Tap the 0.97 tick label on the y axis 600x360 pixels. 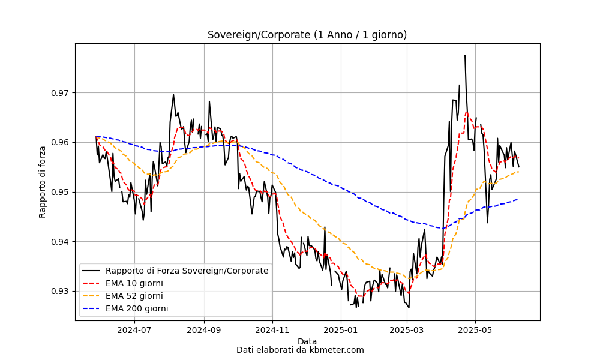[61, 93]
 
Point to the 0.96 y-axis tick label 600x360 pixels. [61, 143]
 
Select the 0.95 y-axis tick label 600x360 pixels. [61, 192]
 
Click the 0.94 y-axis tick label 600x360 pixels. [61, 242]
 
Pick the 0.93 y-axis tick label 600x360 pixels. [61, 292]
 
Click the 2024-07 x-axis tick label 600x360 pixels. [134, 330]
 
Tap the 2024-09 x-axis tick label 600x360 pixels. [204, 330]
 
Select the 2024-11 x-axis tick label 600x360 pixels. [273, 330]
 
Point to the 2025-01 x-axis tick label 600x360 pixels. [341, 330]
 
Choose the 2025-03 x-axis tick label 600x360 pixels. [407, 330]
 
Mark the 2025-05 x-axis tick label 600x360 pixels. [476, 330]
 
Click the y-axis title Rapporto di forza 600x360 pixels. [42, 182]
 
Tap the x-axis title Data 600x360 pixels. [307, 341]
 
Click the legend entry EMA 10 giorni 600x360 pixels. [134, 283]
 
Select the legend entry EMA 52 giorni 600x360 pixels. [134, 296]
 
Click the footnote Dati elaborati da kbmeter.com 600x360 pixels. [300, 350]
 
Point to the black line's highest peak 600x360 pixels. [465, 56]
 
